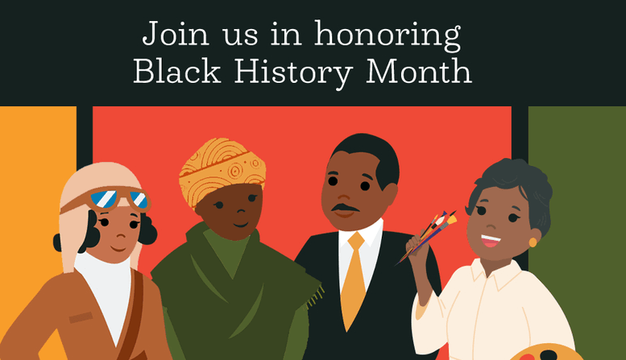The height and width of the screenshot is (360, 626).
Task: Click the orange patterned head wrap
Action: [222, 169]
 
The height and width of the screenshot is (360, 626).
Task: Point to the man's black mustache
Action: [345, 211]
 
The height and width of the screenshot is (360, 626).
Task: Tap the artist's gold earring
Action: [533, 241]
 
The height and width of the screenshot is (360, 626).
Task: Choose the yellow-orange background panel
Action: [32, 161]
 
